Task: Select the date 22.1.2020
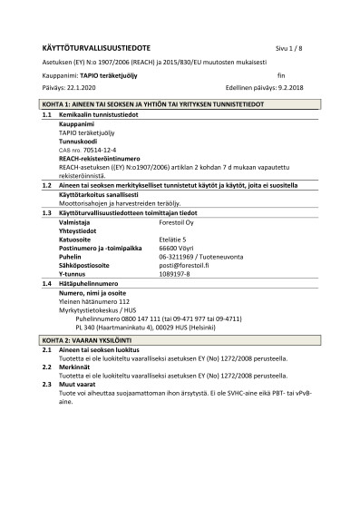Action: click(73, 88)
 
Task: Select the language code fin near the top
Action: click(281, 75)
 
